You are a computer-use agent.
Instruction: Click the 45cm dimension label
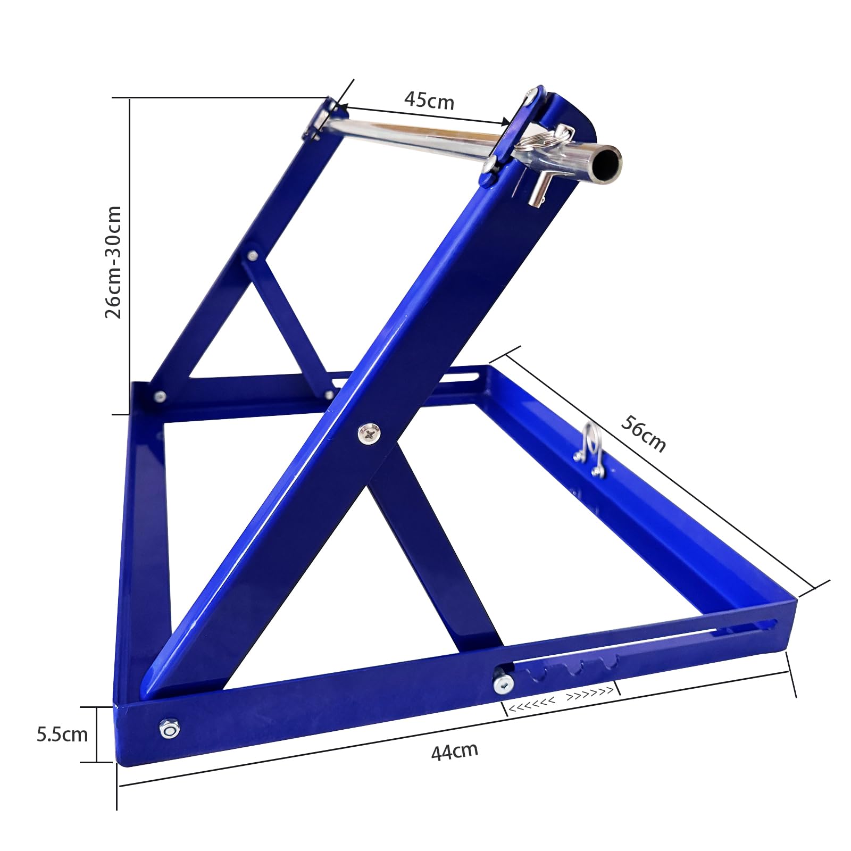(x=429, y=100)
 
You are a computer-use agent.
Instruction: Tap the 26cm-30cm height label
(x=113, y=262)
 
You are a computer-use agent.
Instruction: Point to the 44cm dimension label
(x=455, y=751)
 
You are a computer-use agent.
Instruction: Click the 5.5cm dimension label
(x=62, y=735)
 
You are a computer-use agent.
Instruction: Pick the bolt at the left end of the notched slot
(x=503, y=683)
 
